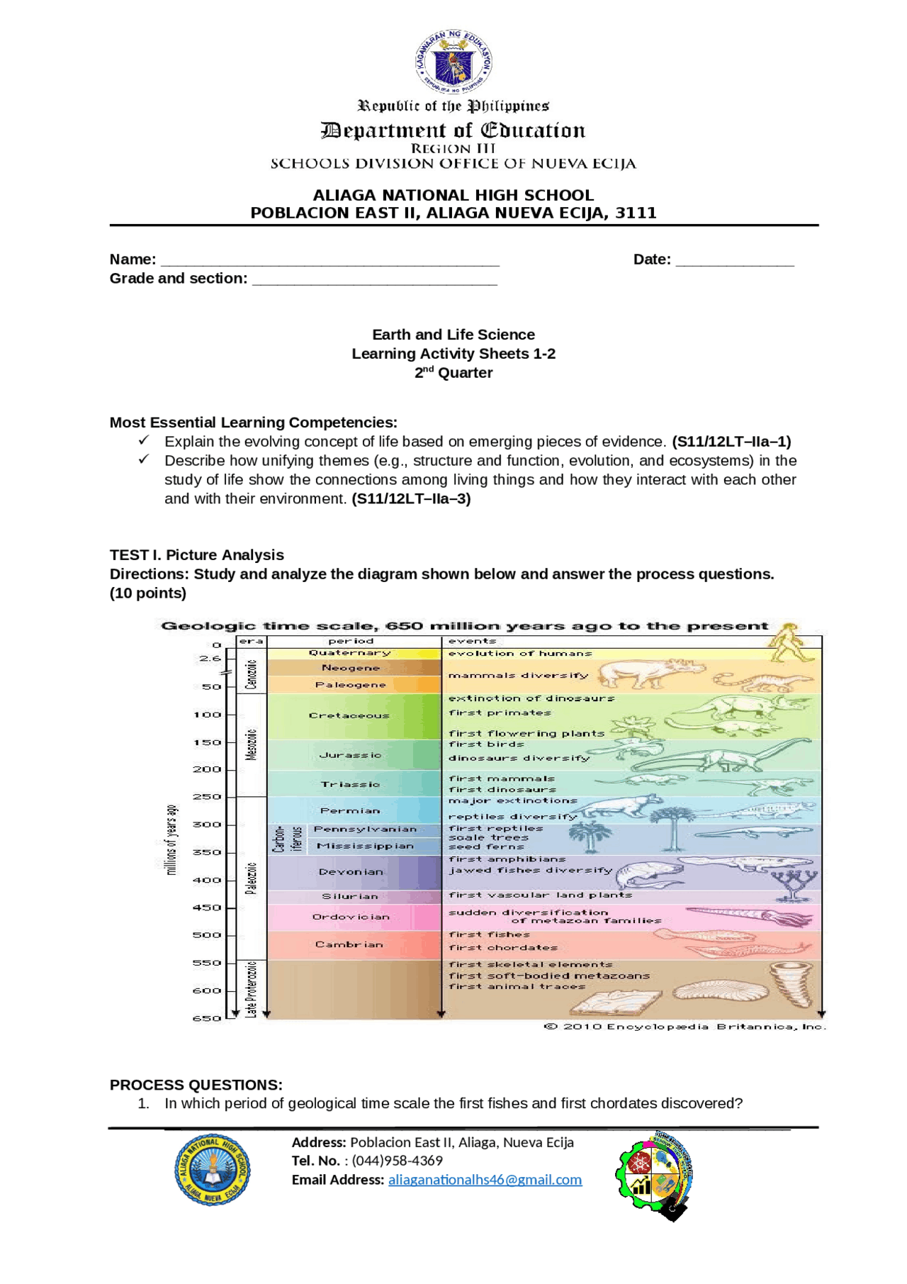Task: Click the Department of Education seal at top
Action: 453,62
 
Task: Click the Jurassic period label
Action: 350,755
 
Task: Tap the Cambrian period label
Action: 349,944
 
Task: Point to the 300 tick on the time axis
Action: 208,825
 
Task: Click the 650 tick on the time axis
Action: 208,1018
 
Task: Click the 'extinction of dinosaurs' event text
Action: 531,698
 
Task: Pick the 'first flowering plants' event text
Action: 526,733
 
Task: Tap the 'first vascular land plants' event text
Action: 540,895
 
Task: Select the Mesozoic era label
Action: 251,744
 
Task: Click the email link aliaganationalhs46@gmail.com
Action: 485,1180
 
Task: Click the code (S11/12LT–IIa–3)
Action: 411,498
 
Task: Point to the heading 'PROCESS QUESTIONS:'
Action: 196,1085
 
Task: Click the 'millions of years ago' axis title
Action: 171,839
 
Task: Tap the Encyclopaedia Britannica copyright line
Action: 685,1027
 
